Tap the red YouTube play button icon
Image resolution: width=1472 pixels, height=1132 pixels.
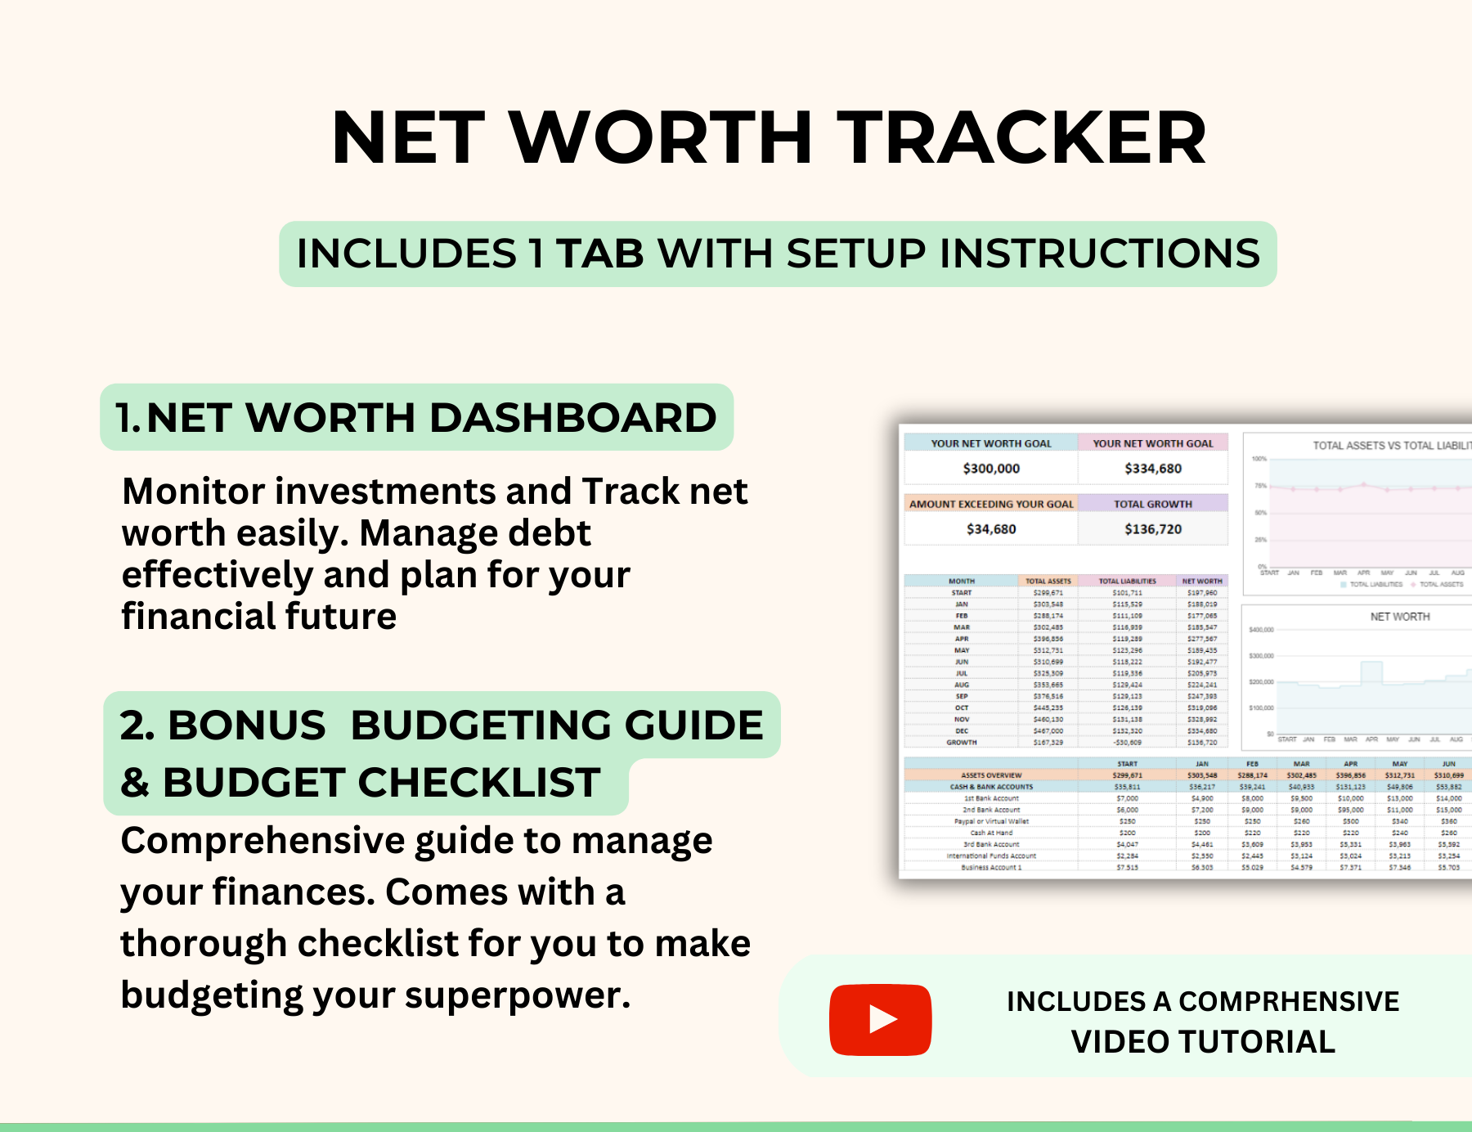[880, 1019]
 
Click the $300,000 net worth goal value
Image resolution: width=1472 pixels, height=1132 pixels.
[991, 469]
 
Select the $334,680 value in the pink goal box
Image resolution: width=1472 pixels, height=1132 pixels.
[1152, 469]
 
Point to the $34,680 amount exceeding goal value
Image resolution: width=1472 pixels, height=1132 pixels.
[991, 529]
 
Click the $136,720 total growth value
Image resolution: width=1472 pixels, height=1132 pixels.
[1152, 529]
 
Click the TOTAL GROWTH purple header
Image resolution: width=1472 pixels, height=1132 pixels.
[1152, 504]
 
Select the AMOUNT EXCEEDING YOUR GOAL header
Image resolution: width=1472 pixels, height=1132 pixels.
[991, 504]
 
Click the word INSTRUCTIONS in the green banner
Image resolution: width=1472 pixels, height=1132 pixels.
[1099, 254]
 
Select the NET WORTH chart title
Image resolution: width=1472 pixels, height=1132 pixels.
[1399, 617]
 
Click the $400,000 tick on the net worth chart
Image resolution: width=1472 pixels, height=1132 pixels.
[1261, 630]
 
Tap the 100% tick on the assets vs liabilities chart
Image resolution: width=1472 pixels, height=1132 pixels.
[1259, 459]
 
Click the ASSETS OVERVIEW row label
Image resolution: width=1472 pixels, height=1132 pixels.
[991, 775]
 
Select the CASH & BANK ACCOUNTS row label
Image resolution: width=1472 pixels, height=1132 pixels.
[991, 787]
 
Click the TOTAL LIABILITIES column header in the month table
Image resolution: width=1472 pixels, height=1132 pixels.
[1127, 581]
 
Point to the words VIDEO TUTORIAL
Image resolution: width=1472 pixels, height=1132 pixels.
[1202, 1042]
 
